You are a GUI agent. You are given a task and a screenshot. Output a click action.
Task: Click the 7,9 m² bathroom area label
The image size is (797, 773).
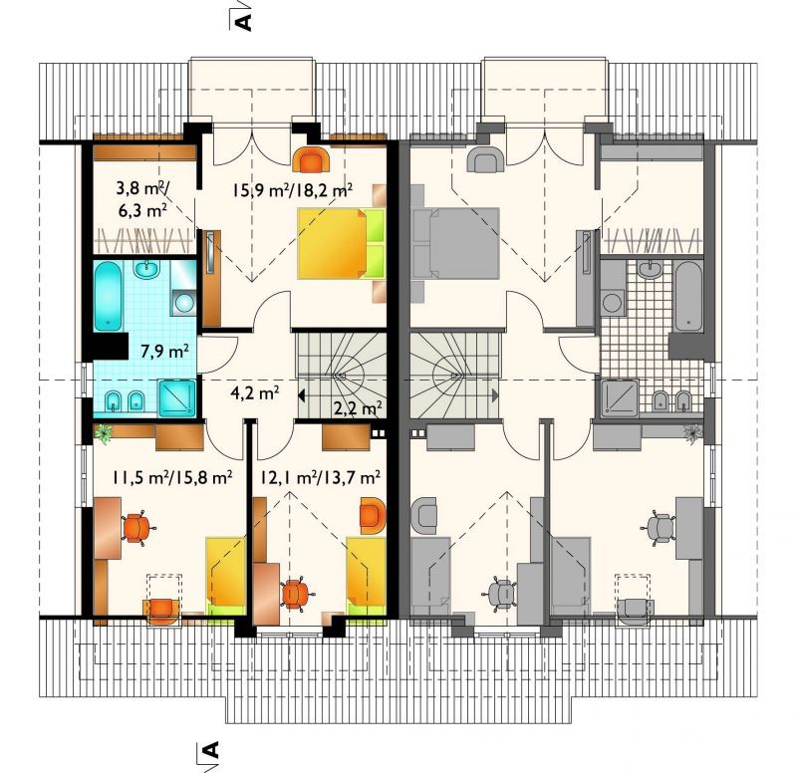coord(165,351)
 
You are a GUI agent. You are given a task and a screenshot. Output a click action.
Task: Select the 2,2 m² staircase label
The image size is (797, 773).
coord(359,407)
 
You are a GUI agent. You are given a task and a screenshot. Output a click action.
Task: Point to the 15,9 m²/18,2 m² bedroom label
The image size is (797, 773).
coord(293,190)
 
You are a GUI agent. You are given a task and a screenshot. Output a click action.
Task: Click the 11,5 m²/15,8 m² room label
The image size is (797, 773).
coord(172,477)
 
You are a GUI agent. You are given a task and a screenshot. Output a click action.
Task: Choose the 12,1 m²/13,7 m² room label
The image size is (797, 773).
coord(320,477)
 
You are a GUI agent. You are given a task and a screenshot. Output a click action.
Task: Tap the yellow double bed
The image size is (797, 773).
coord(341,243)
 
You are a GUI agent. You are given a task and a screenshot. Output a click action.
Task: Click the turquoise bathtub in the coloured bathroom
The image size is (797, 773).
coord(108,296)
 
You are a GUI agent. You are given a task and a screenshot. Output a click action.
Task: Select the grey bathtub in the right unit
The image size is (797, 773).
coord(688,296)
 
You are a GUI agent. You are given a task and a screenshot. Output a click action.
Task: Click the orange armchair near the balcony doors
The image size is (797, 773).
coord(312,159)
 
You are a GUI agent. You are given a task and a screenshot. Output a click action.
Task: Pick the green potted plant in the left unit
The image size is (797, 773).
coord(104,433)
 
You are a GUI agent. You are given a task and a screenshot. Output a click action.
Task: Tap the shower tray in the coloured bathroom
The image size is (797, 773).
coord(176,397)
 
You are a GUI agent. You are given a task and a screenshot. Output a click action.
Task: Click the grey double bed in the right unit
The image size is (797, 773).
coord(455,243)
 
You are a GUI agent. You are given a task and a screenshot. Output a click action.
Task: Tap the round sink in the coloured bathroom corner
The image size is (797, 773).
coord(183,303)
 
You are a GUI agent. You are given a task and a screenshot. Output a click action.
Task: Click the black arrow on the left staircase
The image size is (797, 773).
coord(302,394)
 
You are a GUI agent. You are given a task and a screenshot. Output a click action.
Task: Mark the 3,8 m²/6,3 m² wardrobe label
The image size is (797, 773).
coord(142,200)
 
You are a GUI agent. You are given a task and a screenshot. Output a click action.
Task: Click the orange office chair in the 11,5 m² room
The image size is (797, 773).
coord(136,526)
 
